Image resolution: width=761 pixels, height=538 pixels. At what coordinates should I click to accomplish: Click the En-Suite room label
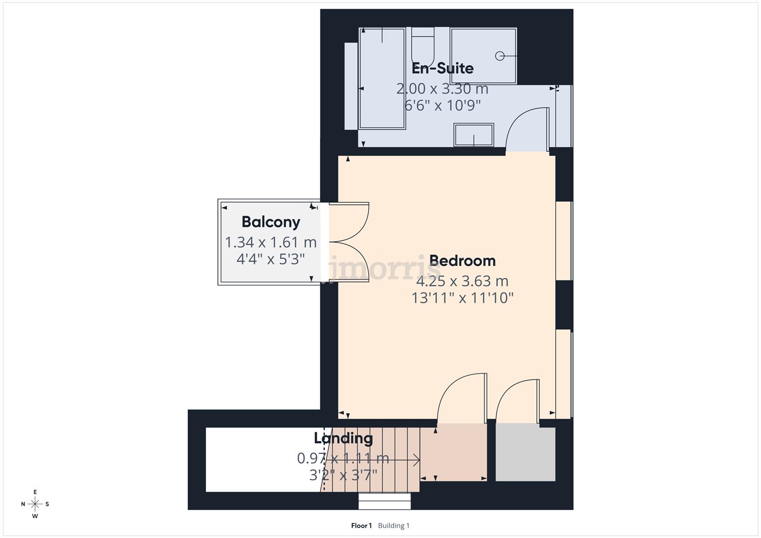[x=443, y=68]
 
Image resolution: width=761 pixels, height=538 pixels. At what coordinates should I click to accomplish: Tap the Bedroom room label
[x=462, y=261]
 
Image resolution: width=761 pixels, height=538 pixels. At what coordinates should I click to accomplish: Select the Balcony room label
[x=271, y=222]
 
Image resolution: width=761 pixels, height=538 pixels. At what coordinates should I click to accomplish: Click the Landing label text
[x=343, y=438]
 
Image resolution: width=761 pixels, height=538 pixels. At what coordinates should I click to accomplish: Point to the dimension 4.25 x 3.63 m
[x=462, y=281]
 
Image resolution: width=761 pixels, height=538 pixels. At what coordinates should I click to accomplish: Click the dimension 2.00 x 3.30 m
[x=442, y=89]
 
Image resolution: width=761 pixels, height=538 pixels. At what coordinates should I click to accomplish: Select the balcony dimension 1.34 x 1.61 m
[x=271, y=242]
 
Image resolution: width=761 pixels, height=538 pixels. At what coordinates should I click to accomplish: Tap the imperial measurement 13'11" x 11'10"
[x=462, y=298]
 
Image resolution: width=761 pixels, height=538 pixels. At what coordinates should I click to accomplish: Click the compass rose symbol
[x=35, y=504]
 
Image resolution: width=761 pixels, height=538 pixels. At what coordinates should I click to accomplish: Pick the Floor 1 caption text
[x=361, y=526]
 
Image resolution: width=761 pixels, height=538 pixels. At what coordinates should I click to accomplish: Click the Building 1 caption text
[x=394, y=526]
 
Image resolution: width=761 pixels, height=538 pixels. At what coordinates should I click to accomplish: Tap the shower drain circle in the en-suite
[x=500, y=56]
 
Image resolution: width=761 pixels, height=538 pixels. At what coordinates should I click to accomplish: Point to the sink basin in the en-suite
[x=473, y=135]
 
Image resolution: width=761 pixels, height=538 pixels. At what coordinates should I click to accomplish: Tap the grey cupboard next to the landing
[x=525, y=452]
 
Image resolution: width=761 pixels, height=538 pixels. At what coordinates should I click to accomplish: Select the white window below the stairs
[x=385, y=501]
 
